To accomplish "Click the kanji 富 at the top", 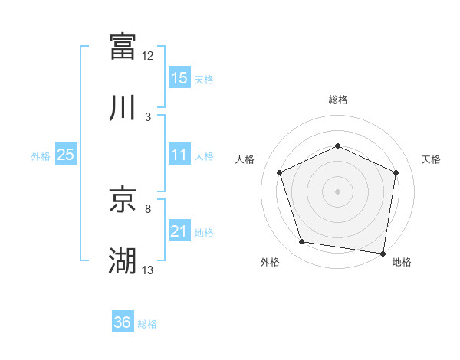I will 123,46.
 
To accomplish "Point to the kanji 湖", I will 123,261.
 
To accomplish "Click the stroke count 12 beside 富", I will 148,56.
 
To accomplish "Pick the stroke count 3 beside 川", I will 148,117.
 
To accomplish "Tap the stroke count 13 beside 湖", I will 148,270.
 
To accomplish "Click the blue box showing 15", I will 179,78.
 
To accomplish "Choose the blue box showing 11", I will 179,155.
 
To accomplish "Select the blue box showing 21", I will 179,231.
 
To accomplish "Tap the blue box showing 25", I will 66,155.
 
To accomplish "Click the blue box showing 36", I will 123,322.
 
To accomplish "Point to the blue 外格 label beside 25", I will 41,156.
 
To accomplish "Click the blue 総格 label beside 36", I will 147,323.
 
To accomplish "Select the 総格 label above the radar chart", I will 337,100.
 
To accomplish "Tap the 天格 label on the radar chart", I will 432,159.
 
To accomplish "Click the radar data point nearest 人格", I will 280,172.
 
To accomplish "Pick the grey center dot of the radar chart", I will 337,191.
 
